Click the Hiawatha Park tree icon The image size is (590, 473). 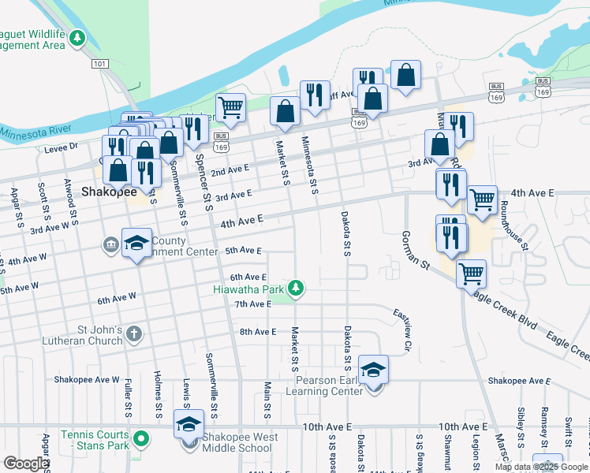[x=296, y=289]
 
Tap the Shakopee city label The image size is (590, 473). [x=109, y=192]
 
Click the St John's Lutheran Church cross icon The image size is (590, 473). [x=134, y=333]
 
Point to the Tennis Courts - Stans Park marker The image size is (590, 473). [x=141, y=438]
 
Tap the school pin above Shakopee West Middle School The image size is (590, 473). [x=189, y=424]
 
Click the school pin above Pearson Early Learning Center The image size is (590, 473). [x=373, y=368]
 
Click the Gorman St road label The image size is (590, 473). [x=414, y=251]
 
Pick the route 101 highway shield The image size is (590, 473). [x=99, y=63]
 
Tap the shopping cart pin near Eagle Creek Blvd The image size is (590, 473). [x=471, y=274]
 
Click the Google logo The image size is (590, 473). [x=26, y=464]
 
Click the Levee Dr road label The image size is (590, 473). [x=63, y=147]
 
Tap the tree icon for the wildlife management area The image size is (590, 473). [x=77, y=37]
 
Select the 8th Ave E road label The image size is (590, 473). [x=258, y=332]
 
